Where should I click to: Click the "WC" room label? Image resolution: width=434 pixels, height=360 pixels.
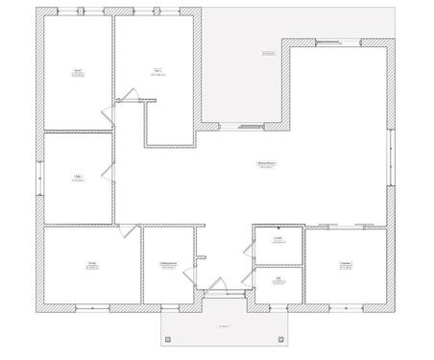(278, 278)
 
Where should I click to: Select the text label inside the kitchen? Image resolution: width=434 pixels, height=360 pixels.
(345, 264)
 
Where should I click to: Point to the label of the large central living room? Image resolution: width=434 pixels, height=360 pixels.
(265, 164)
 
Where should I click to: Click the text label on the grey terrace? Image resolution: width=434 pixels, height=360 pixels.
(268, 53)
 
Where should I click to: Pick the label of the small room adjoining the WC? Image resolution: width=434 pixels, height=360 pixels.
(277, 240)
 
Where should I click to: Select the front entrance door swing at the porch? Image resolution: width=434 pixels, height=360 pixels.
(218, 285)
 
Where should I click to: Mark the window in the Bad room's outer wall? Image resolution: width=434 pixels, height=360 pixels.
(40, 179)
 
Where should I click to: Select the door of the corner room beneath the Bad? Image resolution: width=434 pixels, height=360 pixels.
(122, 230)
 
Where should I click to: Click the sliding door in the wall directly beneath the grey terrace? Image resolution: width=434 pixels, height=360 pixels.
(248, 125)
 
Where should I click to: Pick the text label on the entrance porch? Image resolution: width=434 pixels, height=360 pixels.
(225, 326)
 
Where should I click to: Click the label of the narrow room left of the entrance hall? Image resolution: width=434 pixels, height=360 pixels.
(168, 265)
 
